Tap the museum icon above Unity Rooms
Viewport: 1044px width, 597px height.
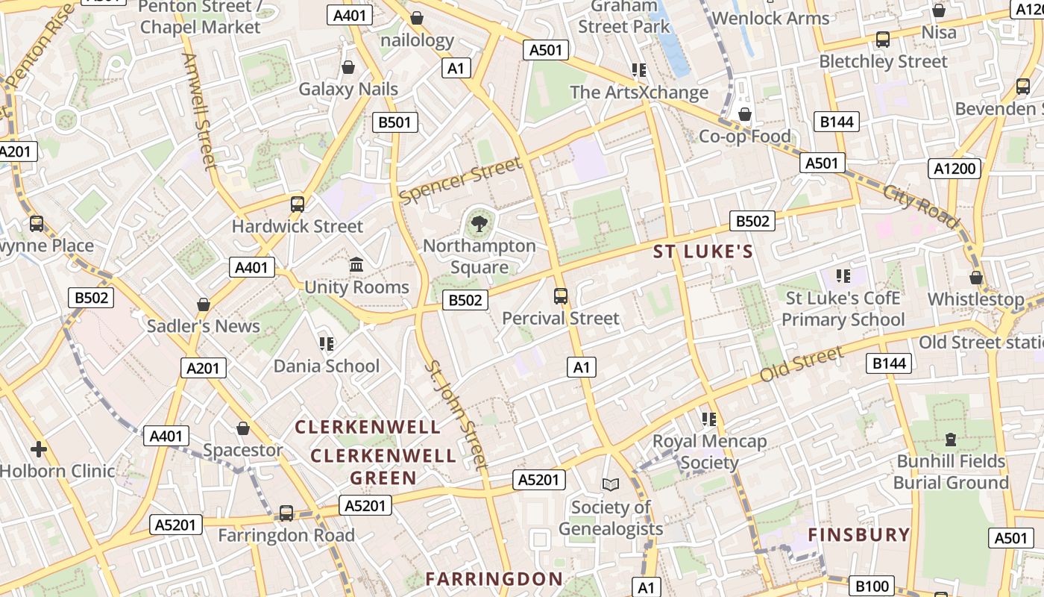pos(356,265)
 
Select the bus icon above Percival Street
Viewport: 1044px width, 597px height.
pos(561,296)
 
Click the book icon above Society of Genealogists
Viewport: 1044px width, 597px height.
pos(611,485)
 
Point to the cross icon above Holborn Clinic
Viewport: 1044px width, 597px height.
pos(39,449)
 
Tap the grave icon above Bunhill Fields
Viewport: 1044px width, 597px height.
pos(951,439)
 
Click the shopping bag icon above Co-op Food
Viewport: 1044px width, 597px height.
pos(744,114)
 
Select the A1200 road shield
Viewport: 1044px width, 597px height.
pos(955,169)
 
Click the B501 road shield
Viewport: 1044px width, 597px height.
pos(395,122)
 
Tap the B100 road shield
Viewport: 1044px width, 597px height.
pos(870,586)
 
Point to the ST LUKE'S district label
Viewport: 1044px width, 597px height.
pos(703,251)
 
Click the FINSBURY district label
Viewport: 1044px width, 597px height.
pos(859,534)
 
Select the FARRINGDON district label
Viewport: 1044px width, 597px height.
pos(494,578)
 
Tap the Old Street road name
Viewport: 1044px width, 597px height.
pos(801,364)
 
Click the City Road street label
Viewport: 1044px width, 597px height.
pos(920,205)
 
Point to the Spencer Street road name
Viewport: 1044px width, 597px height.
pos(459,181)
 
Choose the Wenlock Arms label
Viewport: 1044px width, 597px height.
pos(770,18)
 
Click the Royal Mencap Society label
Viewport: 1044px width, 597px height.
pos(709,451)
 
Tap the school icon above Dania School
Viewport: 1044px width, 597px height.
pos(326,343)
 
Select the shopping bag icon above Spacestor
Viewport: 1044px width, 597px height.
pos(242,428)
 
